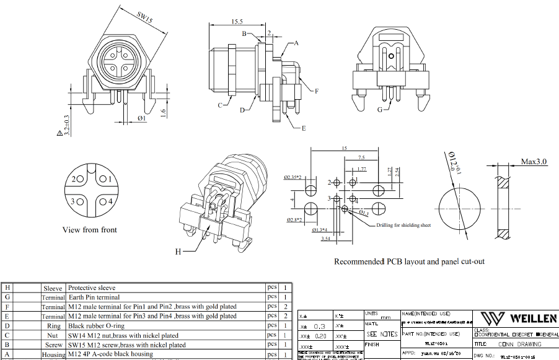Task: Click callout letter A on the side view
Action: pos(296,43)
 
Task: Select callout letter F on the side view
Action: pos(316,91)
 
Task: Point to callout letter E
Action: pos(304,128)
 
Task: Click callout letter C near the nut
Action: pos(219,105)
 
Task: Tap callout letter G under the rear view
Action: pos(379,110)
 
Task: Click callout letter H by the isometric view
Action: pos(178,252)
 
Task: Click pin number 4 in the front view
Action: pos(109,201)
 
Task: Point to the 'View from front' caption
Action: pos(90,230)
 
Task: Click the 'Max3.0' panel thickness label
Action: pos(534,162)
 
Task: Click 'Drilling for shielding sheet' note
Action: pos(404,225)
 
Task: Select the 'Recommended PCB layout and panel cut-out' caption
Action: pos(409,261)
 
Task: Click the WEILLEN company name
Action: pos(534,318)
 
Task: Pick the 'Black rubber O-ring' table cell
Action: pos(98,325)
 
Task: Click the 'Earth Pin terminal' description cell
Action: pos(94,297)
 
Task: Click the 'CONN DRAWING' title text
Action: pos(519,345)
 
